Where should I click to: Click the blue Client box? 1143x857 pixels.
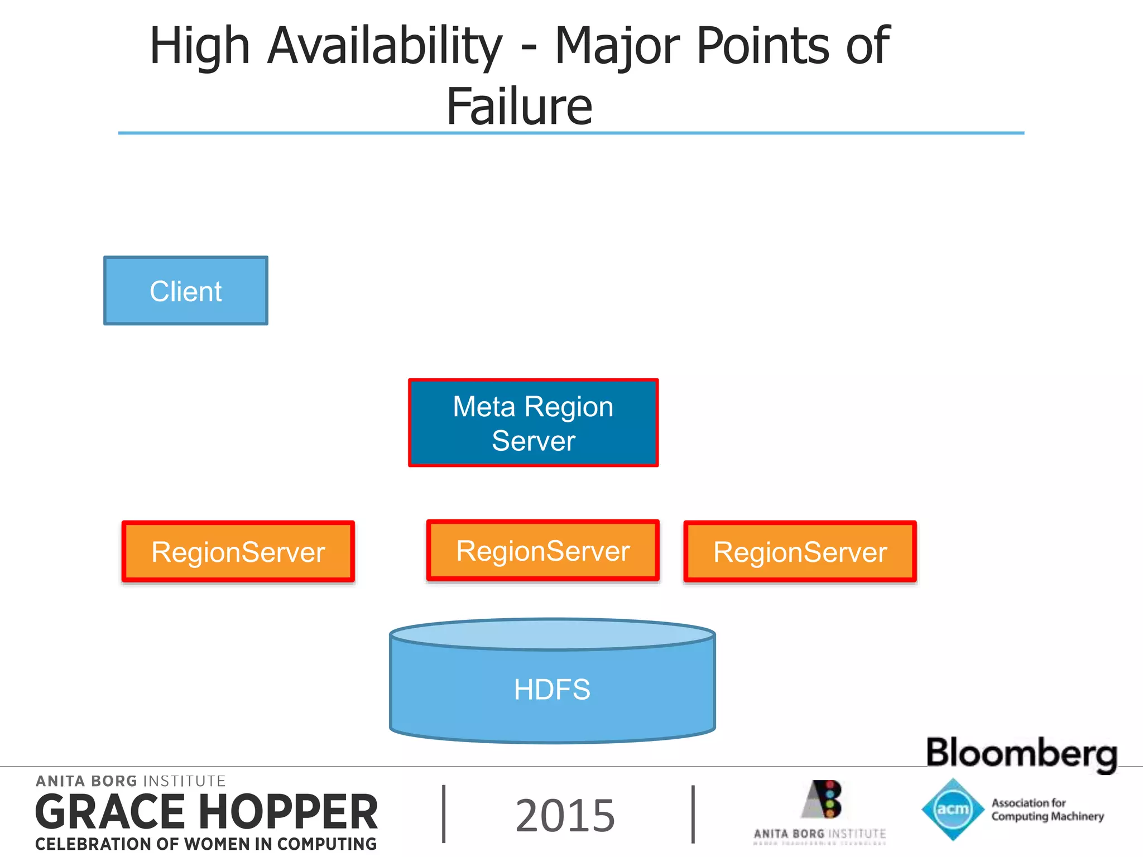pyautogui.click(x=186, y=291)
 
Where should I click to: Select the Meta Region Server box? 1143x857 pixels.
pyautogui.click(x=533, y=423)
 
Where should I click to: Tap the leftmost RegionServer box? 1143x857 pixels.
pyautogui.click(x=238, y=552)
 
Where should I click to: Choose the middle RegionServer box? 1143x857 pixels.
pyautogui.click(x=543, y=551)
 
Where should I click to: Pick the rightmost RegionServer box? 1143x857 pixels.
pyautogui.click(x=800, y=552)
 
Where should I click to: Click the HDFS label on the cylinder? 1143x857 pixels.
pyautogui.click(x=552, y=690)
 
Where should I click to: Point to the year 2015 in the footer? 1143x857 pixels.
pyautogui.click(x=565, y=816)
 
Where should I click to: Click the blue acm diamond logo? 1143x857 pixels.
pyautogui.click(x=953, y=809)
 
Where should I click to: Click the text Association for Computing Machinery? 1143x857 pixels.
pyautogui.click(x=1047, y=810)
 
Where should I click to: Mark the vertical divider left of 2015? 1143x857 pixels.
pyautogui.click(x=444, y=814)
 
